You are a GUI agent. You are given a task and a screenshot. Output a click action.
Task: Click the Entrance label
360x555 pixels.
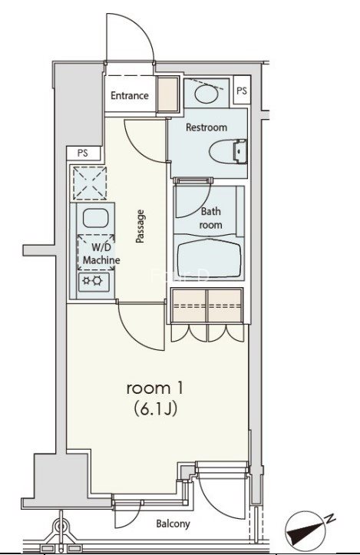pyautogui.click(x=129, y=96)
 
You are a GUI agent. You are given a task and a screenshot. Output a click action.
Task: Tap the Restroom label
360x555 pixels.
pyautogui.click(x=206, y=127)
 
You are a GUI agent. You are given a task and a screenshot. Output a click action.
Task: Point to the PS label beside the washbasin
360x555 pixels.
pyautogui.click(x=242, y=91)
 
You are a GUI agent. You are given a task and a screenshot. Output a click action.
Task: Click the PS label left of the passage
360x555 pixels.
pyautogui.click(x=82, y=153)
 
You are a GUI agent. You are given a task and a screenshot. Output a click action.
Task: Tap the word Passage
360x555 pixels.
pyautogui.click(x=140, y=226)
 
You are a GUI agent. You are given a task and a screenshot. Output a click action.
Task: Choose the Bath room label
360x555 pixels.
pyautogui.click(x=211, y=218)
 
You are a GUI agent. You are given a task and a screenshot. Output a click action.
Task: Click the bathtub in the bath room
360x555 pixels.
pyautogui.click(x=208, y=257)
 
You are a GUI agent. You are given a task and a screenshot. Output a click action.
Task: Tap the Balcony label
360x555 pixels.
pyautogui.click(x=173, y=524)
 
